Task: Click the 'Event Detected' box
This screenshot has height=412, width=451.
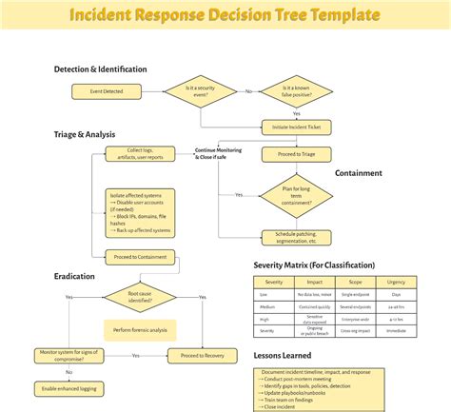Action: tap(105, 91)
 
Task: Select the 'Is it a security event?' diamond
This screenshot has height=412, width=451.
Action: tap(202, 91)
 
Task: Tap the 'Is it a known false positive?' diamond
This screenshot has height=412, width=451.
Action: tap(296, 91)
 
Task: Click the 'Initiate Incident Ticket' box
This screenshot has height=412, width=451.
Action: tap(296, 127)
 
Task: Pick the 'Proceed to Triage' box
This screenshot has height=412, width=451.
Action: tap(296, 154)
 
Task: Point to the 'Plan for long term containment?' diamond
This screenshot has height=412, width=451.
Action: tap(296, 194)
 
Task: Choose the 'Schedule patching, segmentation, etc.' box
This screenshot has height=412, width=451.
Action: tap(296, 237)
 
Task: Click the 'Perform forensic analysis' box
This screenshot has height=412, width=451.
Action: tap(140, 329)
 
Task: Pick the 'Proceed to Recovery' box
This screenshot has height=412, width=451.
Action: tap(203, 355)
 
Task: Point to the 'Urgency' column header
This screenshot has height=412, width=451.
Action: tap(396, 283)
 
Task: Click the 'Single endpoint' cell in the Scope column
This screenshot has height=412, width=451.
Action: tap(355, 295)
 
